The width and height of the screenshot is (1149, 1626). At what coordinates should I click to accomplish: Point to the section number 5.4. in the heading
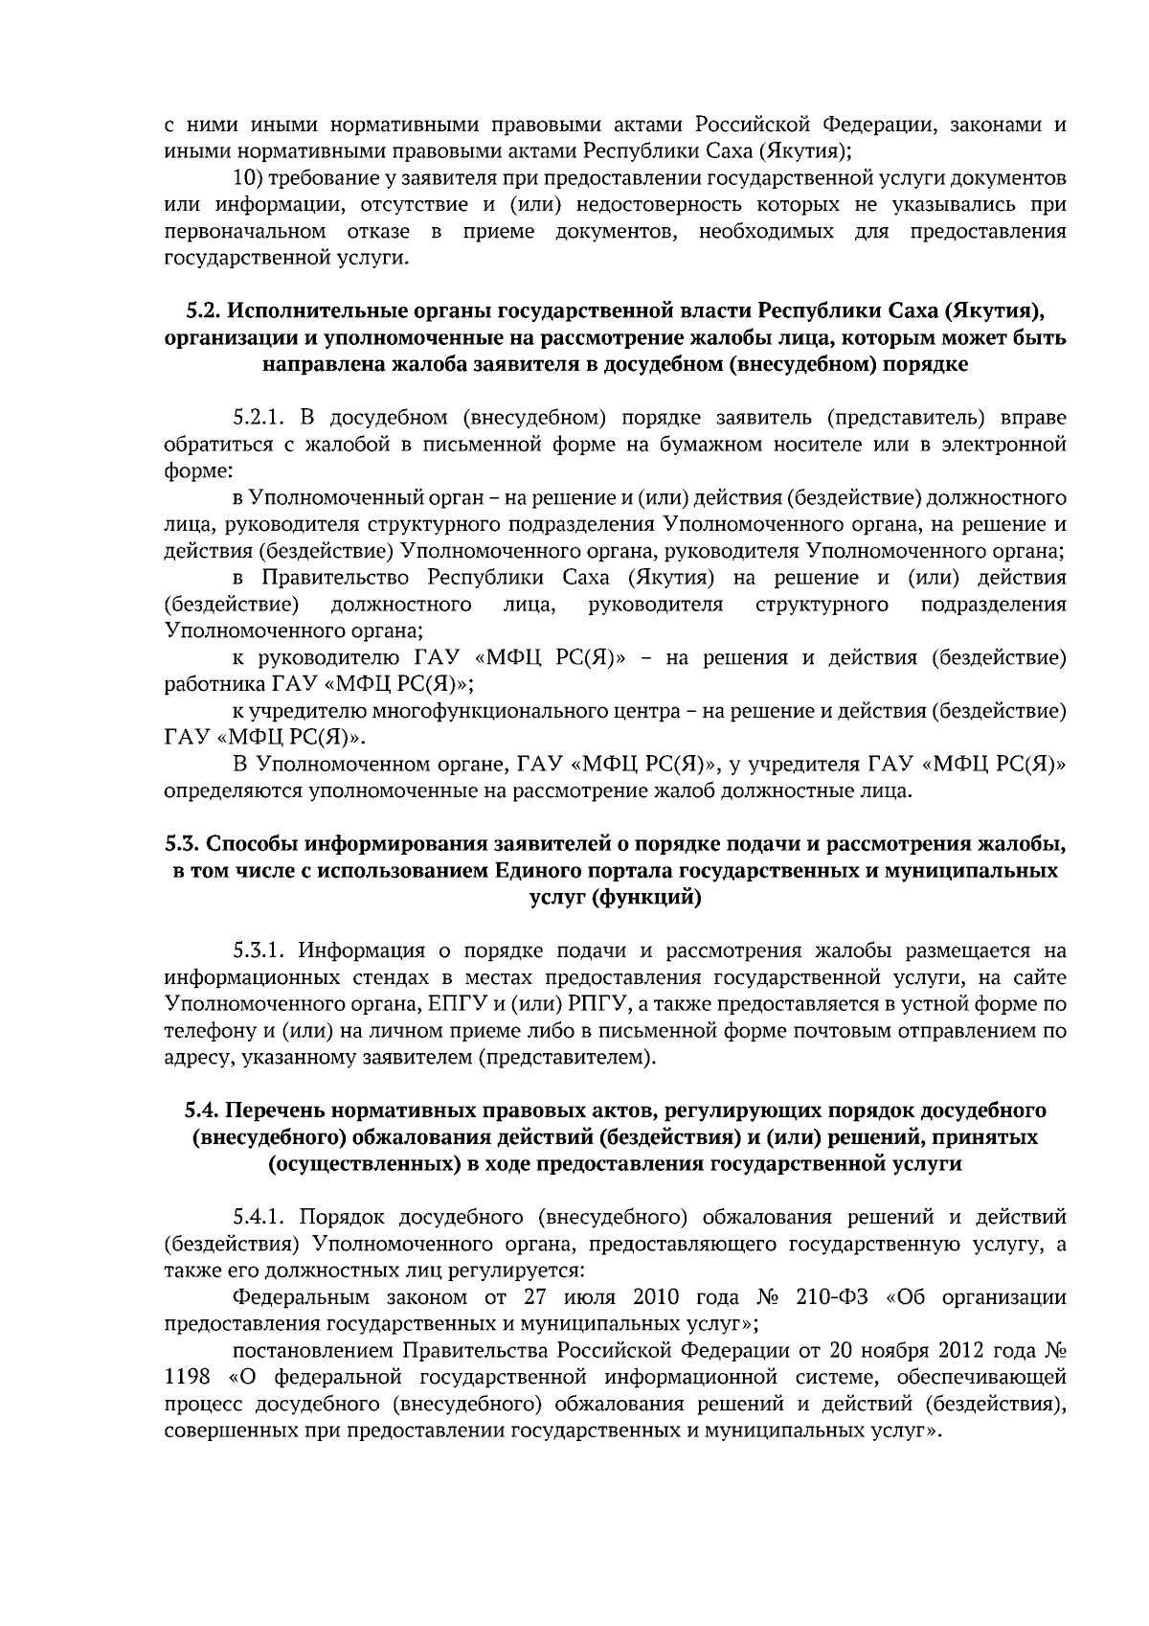tap(203, 1111)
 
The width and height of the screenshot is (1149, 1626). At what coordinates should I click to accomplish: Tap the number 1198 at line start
tap(186, 1378)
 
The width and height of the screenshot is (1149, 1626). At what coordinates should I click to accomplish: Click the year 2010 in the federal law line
tap(656, 1297)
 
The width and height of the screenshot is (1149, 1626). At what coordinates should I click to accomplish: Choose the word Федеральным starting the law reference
tap(301, 1297)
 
